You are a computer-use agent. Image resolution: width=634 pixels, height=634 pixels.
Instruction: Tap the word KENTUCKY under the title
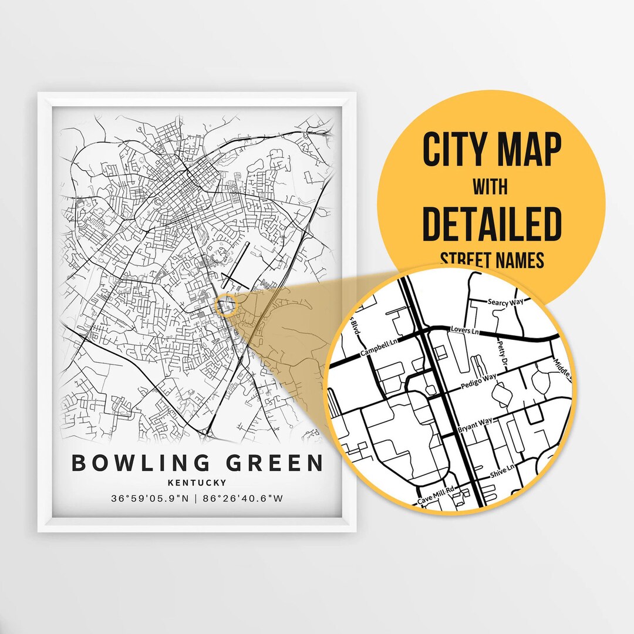pos(197,483)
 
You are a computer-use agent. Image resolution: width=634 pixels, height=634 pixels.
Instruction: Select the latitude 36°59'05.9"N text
pos(149,499)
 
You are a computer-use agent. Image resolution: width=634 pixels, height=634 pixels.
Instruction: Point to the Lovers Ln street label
pos(464,332)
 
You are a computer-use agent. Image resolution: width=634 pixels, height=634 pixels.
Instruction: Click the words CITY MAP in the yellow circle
pos(492,150)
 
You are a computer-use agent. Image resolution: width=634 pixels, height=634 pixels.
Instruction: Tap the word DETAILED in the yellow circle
pos(492,224)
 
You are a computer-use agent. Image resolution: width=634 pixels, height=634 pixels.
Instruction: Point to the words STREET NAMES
pos(492,259)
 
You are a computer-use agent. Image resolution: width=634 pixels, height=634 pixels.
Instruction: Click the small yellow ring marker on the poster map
pos(225,306)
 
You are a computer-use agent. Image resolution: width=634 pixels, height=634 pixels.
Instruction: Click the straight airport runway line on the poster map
pos(235,267)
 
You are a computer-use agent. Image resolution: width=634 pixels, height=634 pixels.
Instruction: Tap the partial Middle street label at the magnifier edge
pos(560,370)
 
